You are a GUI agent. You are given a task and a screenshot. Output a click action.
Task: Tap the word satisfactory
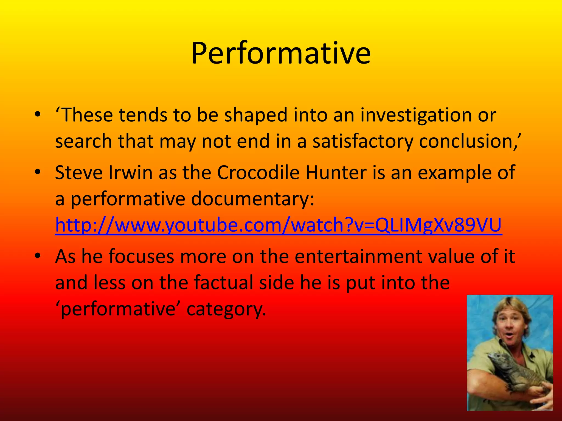click(x=363, y=142)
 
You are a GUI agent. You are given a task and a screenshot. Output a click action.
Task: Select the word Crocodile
click(x=258, y=173)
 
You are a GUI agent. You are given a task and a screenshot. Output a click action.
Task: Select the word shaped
click(x=255, y=115)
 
